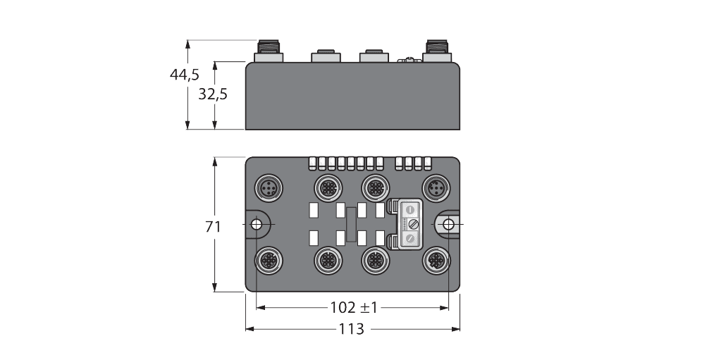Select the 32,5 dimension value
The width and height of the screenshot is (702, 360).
212,94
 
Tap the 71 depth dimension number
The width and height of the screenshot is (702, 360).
213,227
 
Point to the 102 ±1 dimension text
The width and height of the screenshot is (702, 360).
353,308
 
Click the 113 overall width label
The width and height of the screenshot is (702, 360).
352,329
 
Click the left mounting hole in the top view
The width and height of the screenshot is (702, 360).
257,224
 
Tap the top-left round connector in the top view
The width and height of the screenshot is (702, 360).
269,187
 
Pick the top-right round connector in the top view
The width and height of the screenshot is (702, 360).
434,187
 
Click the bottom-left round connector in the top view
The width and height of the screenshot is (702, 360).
269,260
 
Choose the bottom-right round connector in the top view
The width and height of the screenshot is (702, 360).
434,260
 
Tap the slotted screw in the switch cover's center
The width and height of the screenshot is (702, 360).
414,224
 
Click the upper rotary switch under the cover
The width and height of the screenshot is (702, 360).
409,208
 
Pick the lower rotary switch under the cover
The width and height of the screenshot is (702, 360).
409,240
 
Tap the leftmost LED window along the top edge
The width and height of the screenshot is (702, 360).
312,163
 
